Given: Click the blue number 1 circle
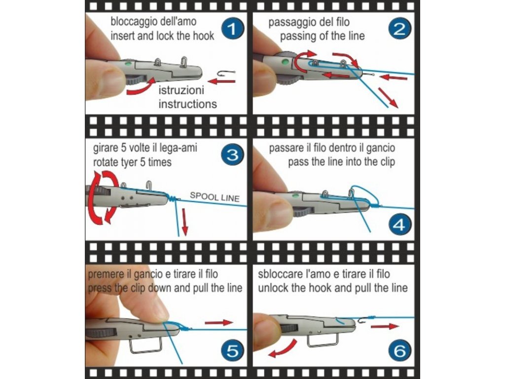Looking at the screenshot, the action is pos(233,29).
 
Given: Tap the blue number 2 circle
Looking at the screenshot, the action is pos(399,29).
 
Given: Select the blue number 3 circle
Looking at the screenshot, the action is pos(233,155).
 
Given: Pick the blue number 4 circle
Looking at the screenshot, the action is pos(399,225).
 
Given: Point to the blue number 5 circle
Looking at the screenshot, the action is pos(233,351).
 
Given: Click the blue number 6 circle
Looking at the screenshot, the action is pos(399,351).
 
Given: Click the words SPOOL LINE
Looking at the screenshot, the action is pos(215,197).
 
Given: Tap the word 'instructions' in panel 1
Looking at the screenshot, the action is pos(187,104).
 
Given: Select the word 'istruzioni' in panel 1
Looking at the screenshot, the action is pos(181,90).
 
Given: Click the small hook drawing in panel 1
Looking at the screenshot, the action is pos(226,74).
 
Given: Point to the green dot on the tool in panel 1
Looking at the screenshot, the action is pos(128,64).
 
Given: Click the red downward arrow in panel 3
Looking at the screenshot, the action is pos(184,221).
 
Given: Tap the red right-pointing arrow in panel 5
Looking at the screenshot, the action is pos(218,323).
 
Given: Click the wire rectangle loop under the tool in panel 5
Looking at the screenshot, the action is pos(145,345).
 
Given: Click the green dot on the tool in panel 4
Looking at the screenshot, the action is pos(294,195).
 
